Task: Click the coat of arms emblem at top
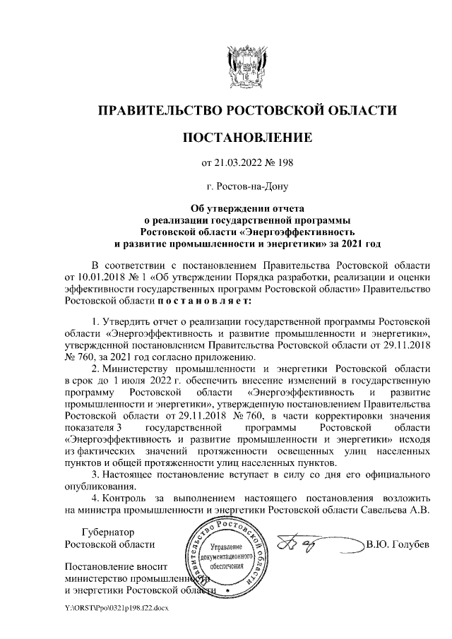[x=246, y=67]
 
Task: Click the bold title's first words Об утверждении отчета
[x=247, y=208]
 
